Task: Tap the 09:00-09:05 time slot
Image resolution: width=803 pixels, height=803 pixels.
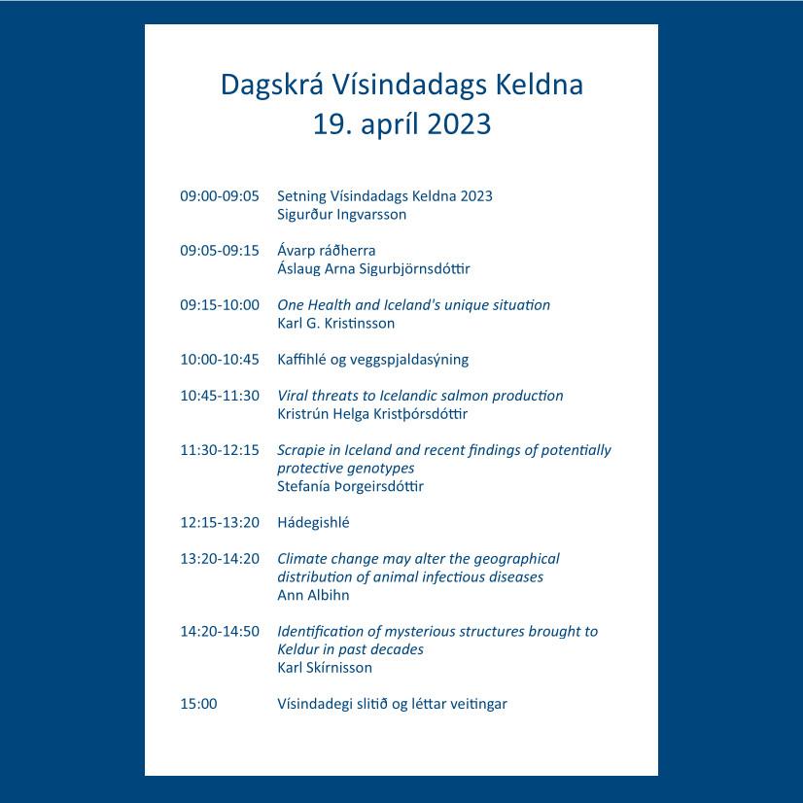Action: (x=220, y=196)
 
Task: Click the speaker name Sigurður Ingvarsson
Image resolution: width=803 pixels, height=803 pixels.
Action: (x=342, y=214)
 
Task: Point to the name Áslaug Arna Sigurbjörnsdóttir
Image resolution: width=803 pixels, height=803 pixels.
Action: (x=373, y=268)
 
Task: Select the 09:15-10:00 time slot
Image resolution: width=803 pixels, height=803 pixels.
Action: (x=220, y=305)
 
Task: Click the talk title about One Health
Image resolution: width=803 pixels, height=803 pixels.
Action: (x=413, y=305)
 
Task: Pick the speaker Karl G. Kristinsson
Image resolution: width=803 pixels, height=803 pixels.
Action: (x=336, y=323)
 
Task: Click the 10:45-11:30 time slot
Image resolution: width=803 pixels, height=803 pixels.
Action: (x=220, y=396)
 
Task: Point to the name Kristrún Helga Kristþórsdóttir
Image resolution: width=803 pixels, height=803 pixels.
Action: (x=372, y=414)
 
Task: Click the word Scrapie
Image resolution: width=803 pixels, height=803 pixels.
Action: (x=303, y=450)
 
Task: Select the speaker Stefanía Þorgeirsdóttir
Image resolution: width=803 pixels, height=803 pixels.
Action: (x=351, y=486)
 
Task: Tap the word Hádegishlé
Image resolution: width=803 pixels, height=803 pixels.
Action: (x=313, y=523)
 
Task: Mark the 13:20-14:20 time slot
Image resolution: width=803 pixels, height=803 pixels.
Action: (x=220, y=559)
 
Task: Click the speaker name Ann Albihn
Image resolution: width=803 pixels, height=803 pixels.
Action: (x=313, y=595)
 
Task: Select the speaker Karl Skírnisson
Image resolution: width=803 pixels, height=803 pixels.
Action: (x=325, y=668)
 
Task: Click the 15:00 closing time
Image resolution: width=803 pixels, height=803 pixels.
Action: (x=198, y=704)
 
